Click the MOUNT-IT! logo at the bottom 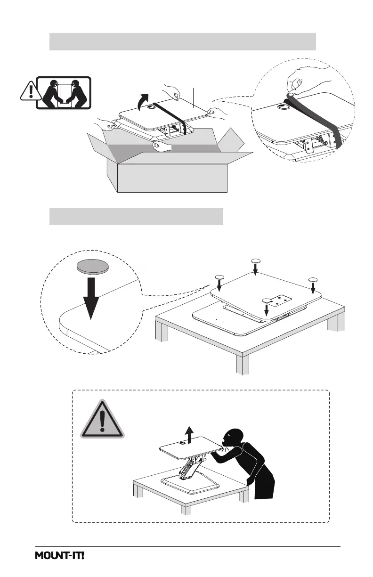[60, 556]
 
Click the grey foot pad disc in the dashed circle [92, 268]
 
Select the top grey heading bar [182, 41]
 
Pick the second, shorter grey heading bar [136, 216]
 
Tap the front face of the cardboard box [172, 179]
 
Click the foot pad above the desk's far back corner [256, 261]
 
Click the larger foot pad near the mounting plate [267, 300]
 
